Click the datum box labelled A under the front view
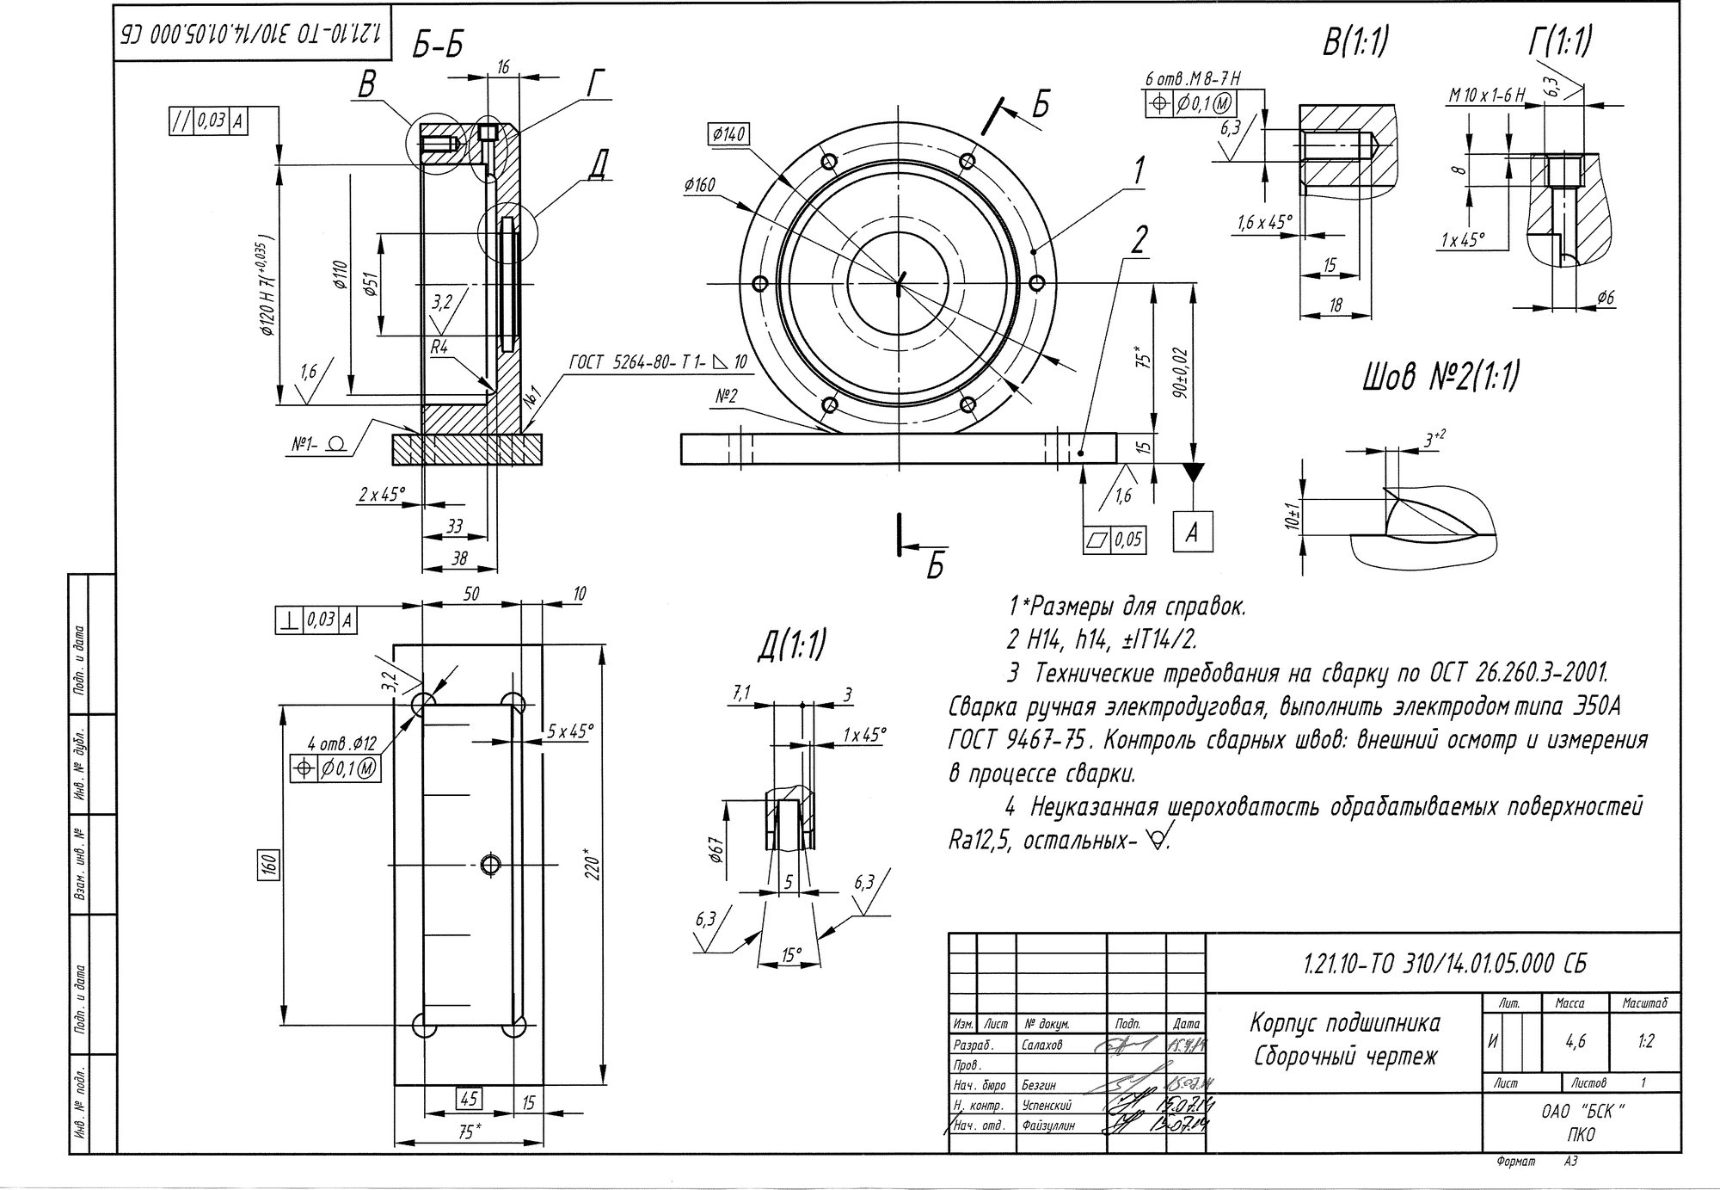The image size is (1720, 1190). click(1193, 533)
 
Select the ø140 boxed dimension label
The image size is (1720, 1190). click(728, 134)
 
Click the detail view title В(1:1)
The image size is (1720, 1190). click(1356, 41)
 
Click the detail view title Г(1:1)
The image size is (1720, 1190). click(1559, 41)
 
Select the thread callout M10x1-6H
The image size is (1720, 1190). click(1485, 96)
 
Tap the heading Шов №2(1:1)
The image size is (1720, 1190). click(1440, 377)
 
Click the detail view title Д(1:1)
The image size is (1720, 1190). click(791, 645)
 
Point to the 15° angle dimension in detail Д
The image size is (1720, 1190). click(791, 954)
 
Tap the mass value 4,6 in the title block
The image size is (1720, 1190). click(1575, 1041)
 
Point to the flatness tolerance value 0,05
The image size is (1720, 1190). click(1128, 540)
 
